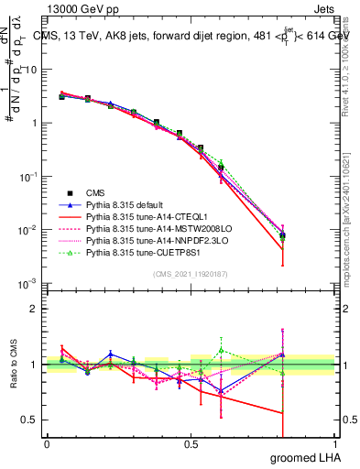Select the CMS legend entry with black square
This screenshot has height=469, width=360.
tap(95, 192)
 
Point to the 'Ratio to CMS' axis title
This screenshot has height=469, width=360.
tap(12, 366)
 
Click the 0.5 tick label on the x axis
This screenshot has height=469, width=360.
tap(190, 443)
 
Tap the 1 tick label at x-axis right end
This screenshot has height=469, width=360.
tap(334, 443)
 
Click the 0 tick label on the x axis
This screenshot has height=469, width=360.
tap(47, 443)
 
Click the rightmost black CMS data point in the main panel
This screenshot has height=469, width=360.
tap(282, 235)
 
